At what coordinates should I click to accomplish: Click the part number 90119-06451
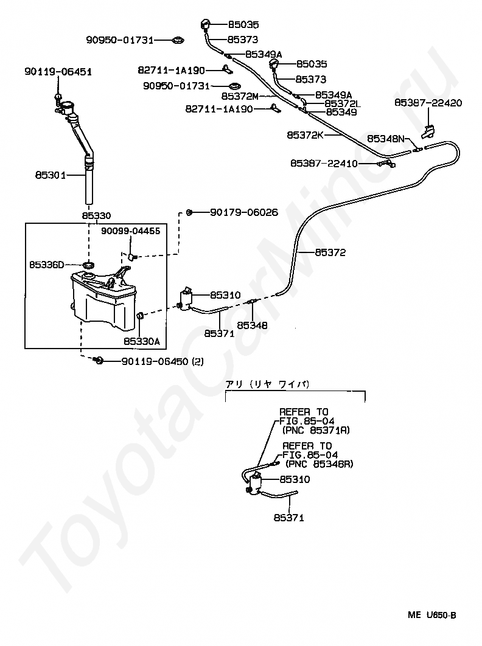tap(58, 72)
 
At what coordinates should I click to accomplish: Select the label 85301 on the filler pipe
tap(51, 175)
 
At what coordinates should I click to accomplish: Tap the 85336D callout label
tap(46, 265)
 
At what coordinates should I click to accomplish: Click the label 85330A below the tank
tap(141, 341)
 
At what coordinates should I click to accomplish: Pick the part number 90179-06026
tap(244, 212)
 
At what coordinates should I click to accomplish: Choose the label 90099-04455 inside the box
tap(131, 231)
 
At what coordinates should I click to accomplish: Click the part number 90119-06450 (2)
tap(162, 361)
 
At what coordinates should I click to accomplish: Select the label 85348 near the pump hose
tap(253, 325)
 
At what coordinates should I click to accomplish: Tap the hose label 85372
tap(330, 252)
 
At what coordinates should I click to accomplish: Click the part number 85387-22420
tap(428, 103)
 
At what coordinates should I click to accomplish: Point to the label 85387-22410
tap(324, 164)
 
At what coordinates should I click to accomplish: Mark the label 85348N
tap(386, 139)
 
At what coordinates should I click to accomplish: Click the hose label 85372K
tap(305, 134)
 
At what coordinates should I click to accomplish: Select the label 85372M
tap(240, 96)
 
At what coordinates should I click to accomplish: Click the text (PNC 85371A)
tap(316, 430)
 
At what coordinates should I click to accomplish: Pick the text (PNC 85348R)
tap(319, 464)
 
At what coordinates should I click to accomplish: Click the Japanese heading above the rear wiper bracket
tap(268, 384)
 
